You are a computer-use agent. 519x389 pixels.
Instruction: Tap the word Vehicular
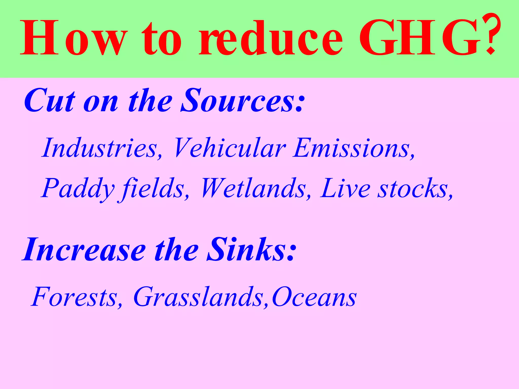229,148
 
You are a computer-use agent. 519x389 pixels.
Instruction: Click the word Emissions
352,148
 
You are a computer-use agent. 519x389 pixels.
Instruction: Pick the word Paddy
77,189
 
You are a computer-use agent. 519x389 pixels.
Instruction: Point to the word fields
152,189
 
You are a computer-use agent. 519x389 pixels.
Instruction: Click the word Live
345,189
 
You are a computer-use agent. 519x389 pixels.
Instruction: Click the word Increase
84,249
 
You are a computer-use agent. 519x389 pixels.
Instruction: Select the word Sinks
246,249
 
